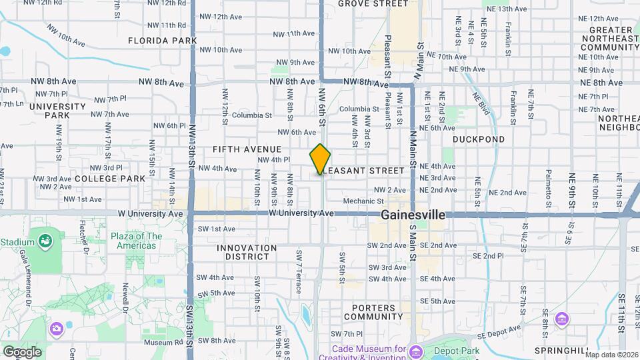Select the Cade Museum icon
pyautogui.click(x=416, y=351)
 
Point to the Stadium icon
pyautogui.click(x=45, y=240)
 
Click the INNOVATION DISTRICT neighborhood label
pyautogui.click(x=247, y=253)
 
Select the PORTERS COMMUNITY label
pyautogui.click(x=374, y=312)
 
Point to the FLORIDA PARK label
pyautogui.click(x=163, y=41)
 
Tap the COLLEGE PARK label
pyautogui.click(x=110, y=179)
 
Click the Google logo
pyautogui.click(x=22, y=351)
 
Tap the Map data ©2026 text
pyautogui.click(x=611, y=354)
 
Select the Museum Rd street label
pyautogui.click(x=158, y=343)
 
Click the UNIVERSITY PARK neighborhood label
pyautogui.click(x=57, y=111)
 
